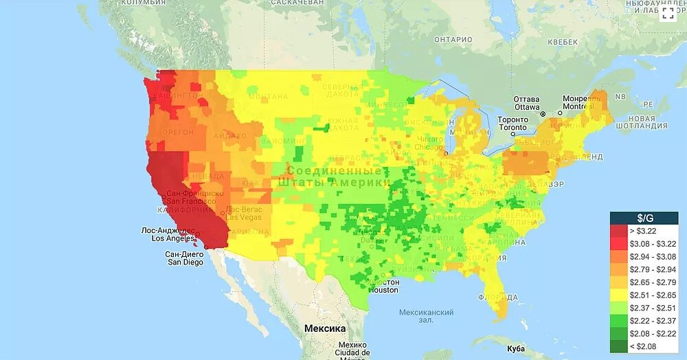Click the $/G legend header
tap(644, 218)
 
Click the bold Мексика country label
tap(324, 328)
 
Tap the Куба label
tap(515, 339)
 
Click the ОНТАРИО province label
tap(453, 40)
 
